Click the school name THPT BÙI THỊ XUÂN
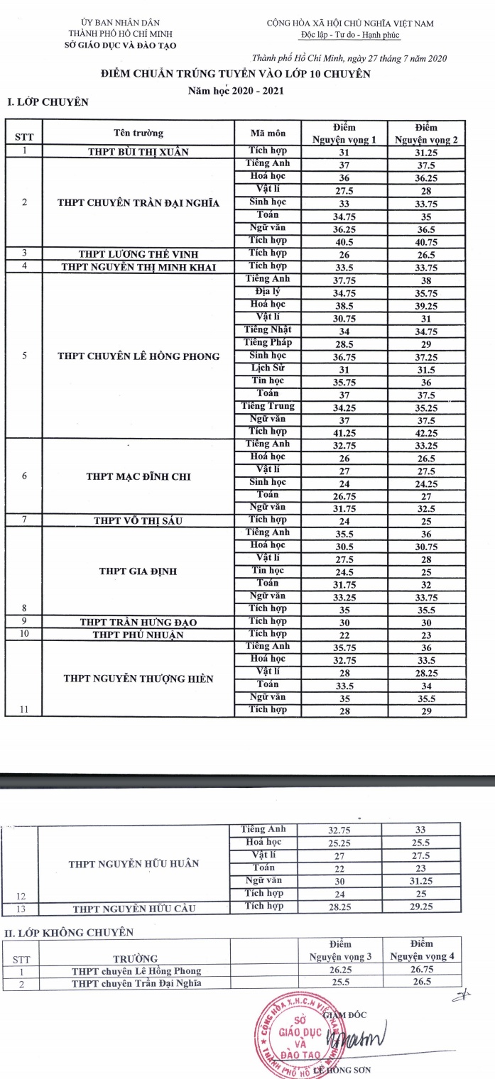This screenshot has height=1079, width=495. click(x=138, y=151)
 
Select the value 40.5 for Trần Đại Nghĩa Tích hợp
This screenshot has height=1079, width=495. click(x=344, y=240)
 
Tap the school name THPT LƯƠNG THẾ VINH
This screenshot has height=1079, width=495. click(x=138, y=253)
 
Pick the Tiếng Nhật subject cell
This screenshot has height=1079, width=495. click(x=268, y=329)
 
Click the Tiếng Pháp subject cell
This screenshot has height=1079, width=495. click(x=268, y=342)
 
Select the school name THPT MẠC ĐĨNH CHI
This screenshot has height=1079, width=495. click(x=138, y=476)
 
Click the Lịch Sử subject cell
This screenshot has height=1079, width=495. click(x=268, y=368)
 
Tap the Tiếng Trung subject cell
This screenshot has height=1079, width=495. click(x=268, y=406)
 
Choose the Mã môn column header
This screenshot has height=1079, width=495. click(x=268, y=133)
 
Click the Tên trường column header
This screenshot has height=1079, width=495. click(x=138, y=133)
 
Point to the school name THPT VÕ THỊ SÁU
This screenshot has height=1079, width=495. click(x=138, y=521)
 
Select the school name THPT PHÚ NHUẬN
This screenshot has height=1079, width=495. click(x=138, y=634)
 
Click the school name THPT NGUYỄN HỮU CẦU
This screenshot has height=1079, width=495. click(x=134, y=908)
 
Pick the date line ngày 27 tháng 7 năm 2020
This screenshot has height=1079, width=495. click(x=349, y=58)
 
